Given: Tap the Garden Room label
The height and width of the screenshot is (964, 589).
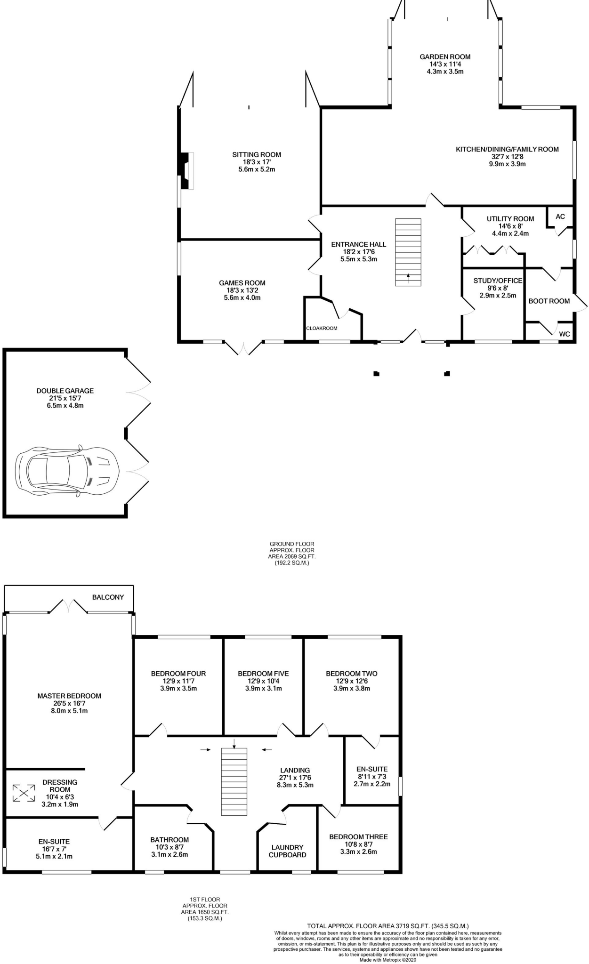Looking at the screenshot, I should pos(445,57).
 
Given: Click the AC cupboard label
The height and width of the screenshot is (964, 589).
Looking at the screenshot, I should pos(560,217).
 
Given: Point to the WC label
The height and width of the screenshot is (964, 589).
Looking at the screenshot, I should pos(564,334).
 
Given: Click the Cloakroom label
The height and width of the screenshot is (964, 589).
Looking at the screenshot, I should pos(322,328).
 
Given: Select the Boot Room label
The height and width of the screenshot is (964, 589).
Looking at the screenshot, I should pos(549,301).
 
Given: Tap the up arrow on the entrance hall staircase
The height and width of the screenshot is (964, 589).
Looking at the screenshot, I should pos(408,276).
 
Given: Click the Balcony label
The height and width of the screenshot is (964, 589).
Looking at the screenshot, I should pos(108,597).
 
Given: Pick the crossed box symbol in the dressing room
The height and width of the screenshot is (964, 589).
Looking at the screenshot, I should pos(24,793).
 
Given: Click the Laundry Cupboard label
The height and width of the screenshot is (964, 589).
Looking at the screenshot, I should pos(287,851).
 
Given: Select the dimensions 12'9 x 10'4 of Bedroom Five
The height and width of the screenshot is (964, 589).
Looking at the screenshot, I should pos(263,681).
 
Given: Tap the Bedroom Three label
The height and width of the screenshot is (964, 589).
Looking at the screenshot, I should pos(358,836).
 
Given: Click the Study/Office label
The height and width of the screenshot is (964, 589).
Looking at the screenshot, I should pos(498,281).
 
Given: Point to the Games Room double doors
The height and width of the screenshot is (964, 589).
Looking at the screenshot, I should pos(243,347).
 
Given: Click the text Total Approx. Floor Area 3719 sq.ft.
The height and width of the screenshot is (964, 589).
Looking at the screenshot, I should pos(387,926).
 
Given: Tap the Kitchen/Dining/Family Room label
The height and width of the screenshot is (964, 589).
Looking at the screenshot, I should pos(507,149).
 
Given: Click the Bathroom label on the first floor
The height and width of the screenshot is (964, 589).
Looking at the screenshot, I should pos(169,839).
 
